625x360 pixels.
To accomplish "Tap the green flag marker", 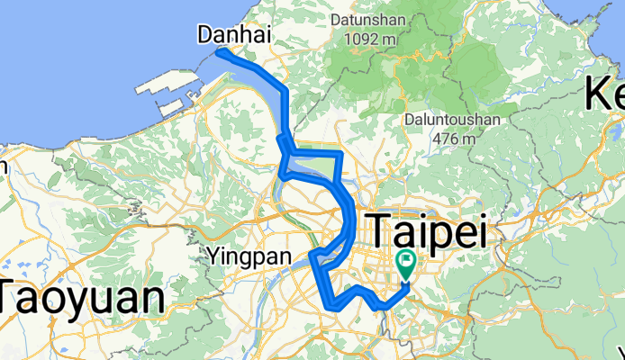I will pyautogui.click(x=405, y=265).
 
